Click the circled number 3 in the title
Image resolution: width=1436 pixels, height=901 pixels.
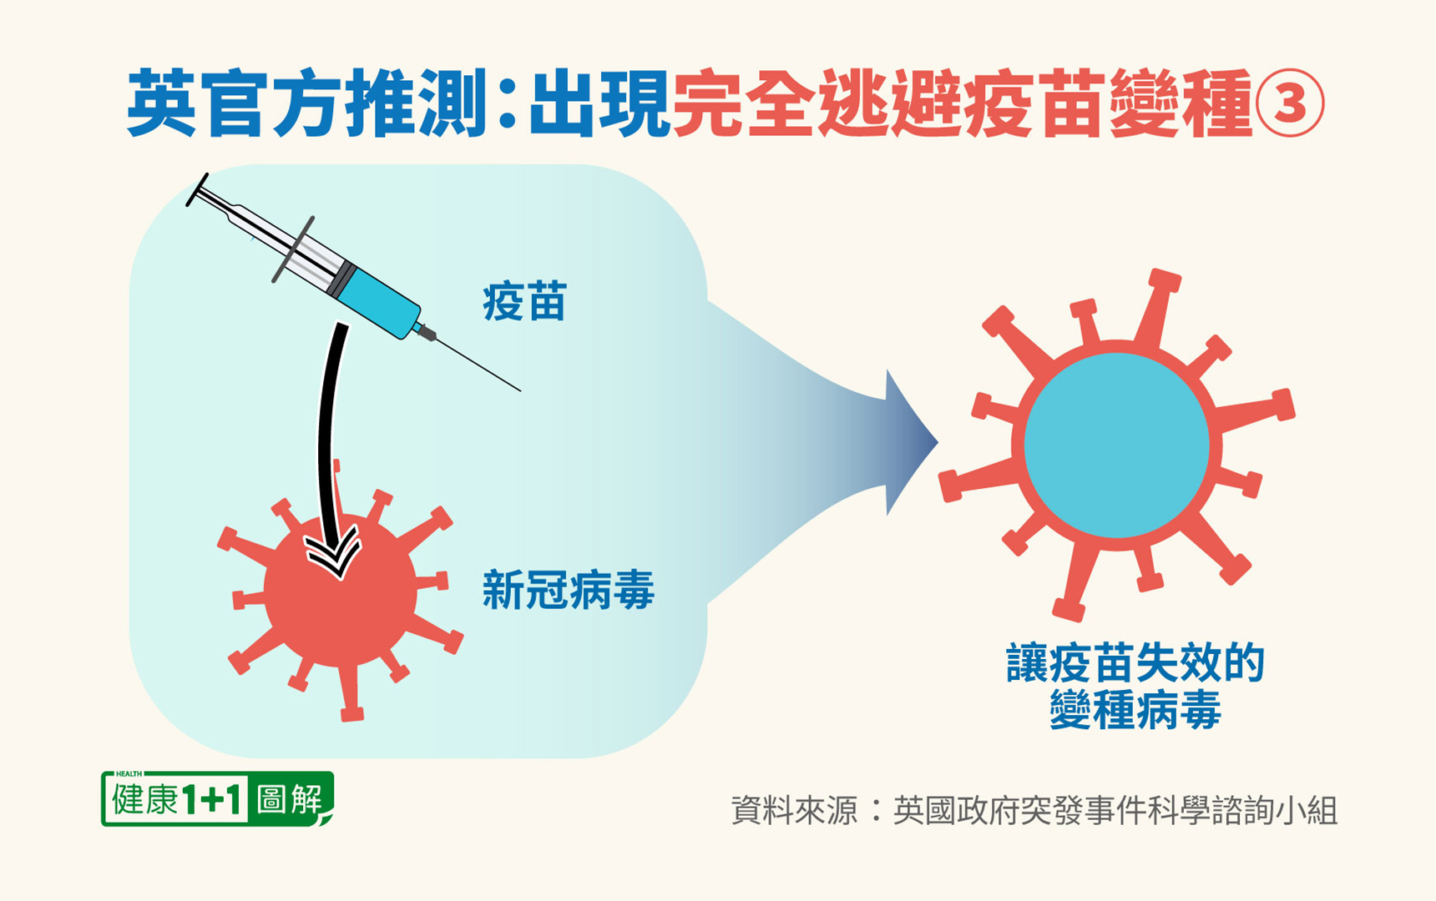click(x=1290, y=104)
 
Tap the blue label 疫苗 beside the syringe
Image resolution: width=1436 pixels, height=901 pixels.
click(x=524, y=302)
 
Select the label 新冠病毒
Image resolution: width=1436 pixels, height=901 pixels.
click(x=568, y=591)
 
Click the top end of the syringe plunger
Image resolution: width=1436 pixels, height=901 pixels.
click(x=197, y=189)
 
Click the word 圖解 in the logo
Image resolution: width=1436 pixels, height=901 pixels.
click(x=290, y=799)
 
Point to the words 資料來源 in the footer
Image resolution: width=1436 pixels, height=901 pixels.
click(x=794, y=810)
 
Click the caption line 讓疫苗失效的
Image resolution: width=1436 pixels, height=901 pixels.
click(x=1135, y=663)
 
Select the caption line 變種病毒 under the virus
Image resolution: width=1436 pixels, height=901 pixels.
click(x=1135, y=710)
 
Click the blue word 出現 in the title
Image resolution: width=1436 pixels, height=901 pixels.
click(x=599, y=104)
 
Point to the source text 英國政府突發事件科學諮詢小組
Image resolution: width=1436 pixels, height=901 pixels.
click(x=1115, y=810)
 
